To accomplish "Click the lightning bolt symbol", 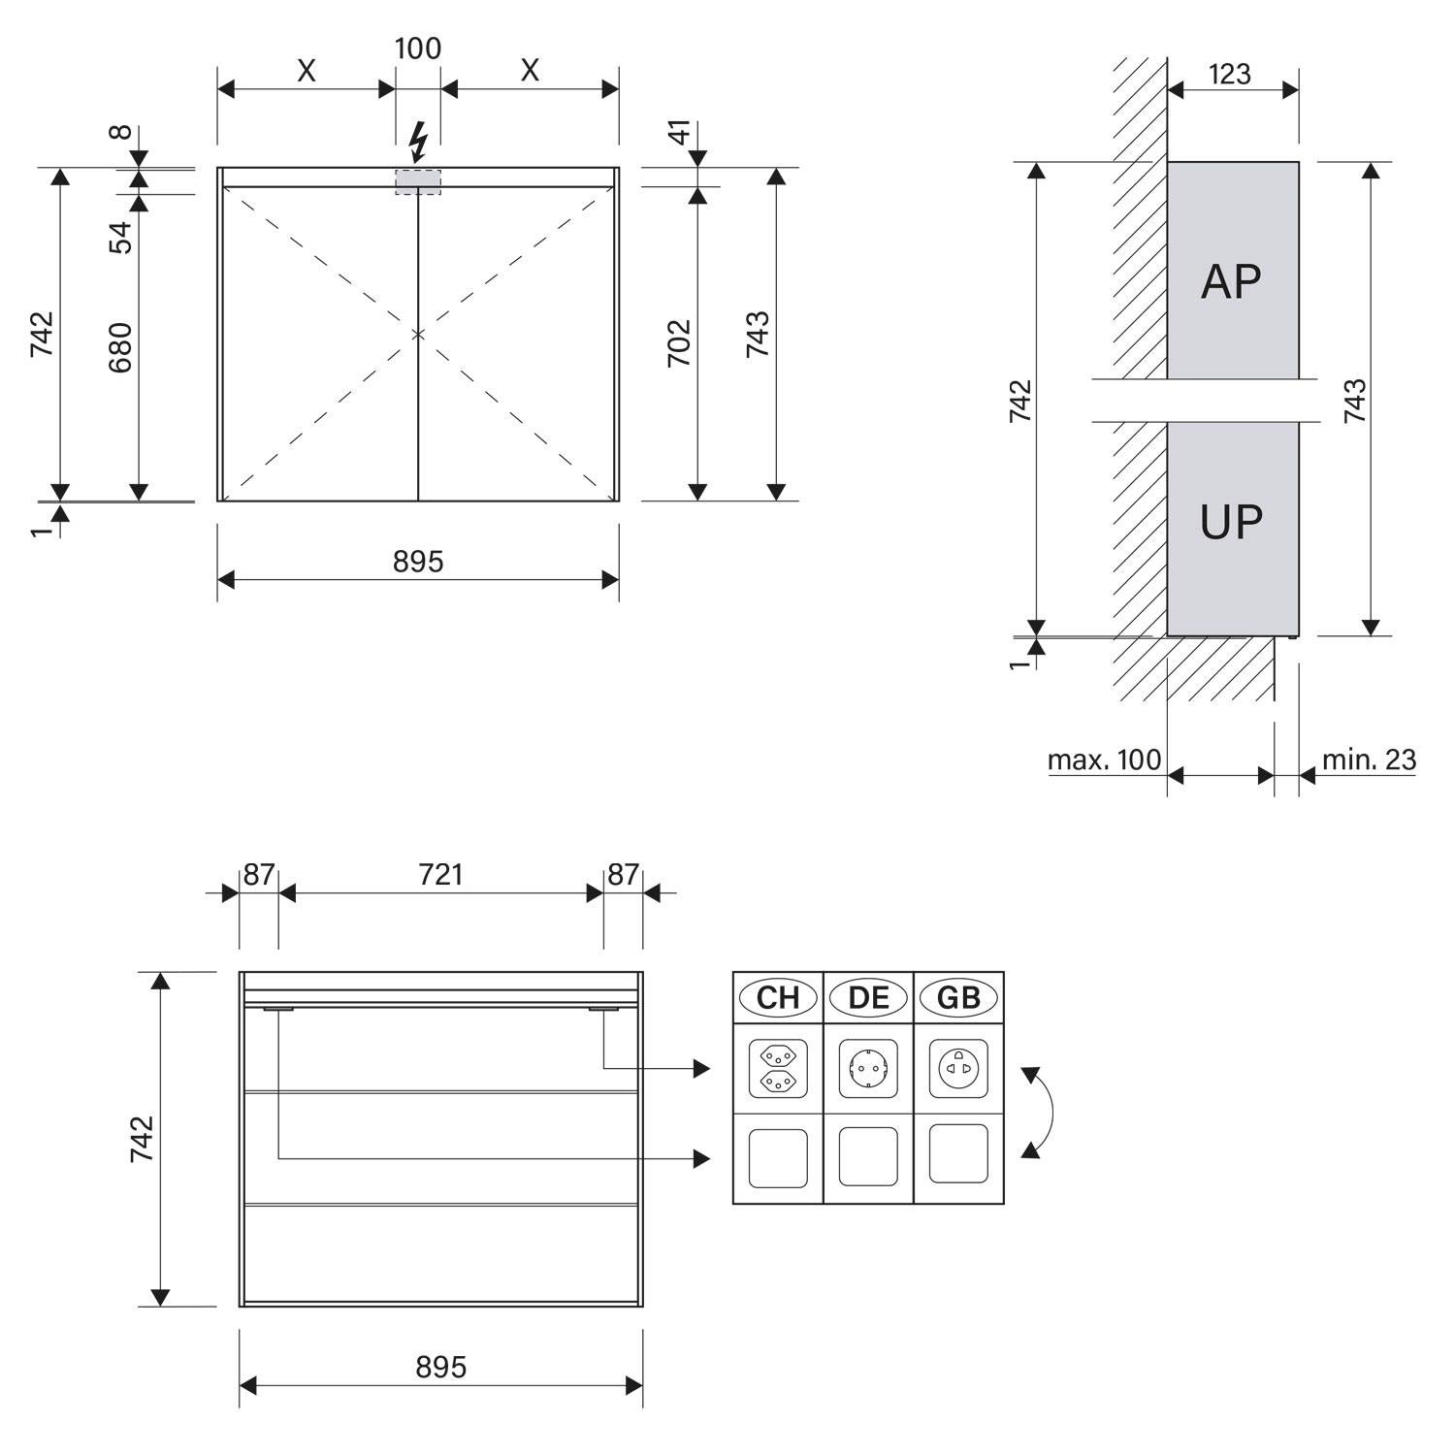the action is [418, 142].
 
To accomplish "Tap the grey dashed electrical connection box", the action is [418, 182].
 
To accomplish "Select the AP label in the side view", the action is [1231, 282].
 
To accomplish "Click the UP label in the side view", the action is [1231, 522].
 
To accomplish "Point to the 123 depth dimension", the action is [1230, 75].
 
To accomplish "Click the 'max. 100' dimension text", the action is [1104, 760].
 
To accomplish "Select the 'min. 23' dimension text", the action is [1369, 760].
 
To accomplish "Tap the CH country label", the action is [778, 997].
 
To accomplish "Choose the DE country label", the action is [868, 997].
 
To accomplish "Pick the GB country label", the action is [958, 997].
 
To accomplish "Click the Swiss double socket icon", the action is [778, 1067].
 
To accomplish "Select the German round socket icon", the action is [868, 1067].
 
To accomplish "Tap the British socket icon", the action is [958, 1067].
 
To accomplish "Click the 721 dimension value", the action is [440, 875].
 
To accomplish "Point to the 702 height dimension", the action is [679, 342].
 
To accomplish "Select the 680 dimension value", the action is [119, 348].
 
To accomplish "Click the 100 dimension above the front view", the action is [418, 48].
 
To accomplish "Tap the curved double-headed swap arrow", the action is [1043, 1113].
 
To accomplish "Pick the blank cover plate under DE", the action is [868, 1156].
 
